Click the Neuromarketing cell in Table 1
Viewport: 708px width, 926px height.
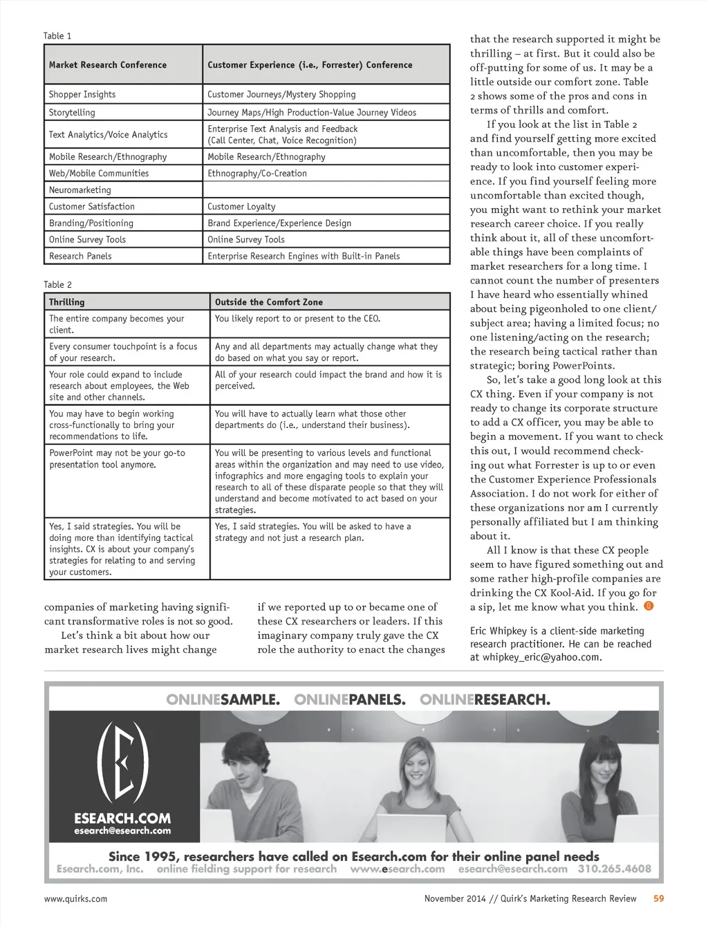point(80,190)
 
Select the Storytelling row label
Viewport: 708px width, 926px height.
point(72,113)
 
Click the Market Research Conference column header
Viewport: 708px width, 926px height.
point(108,65)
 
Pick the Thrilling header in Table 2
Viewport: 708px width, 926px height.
point(67,302)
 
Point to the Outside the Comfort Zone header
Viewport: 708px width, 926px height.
point(268,302)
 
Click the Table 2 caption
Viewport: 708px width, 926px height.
point(57,285)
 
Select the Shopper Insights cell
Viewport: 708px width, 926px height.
point(82,95)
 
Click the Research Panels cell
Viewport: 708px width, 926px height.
point(80,257)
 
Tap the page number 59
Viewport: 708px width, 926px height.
point(658,898)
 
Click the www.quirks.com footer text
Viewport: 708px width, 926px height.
point(75,899)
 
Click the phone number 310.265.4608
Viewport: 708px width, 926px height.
point(614,869)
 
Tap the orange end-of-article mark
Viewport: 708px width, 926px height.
point(649,606)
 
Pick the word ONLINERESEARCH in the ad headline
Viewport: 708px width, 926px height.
point(485,700)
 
